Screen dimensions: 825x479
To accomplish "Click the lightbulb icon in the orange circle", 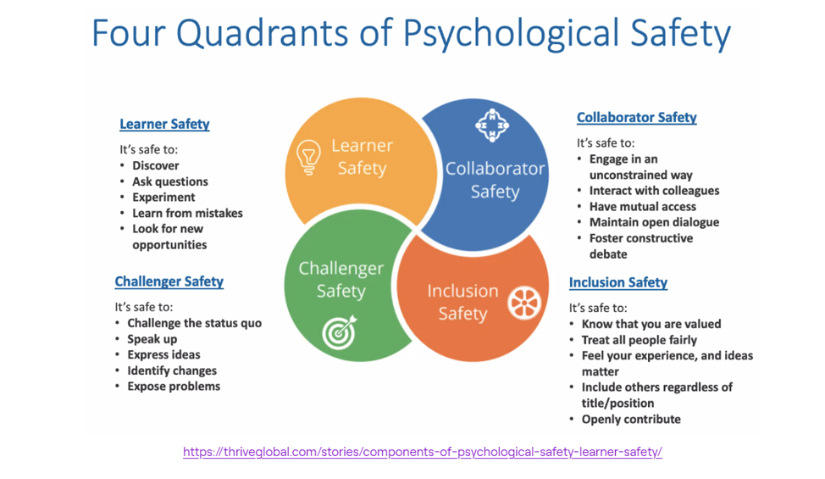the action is click(x=308, y=157).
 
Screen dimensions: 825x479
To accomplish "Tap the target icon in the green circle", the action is click(x=340, y=332).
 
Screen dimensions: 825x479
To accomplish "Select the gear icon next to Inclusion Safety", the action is click(x=524, y=304).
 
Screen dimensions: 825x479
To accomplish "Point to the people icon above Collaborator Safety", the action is click(x=492, y=125).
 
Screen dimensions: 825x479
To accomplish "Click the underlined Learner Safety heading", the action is click(x=164, y=125).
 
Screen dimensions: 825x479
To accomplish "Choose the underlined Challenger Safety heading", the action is click(x=169, y=281).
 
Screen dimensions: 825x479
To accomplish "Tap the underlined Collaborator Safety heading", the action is click(x=637, y=117).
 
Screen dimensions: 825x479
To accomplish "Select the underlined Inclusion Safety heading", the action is click(x=618, y=282).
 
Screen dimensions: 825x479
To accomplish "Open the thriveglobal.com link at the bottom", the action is click(x=423, y=452).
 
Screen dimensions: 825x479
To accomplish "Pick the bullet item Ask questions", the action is click(x=170, y=181).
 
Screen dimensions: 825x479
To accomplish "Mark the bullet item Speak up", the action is click(x=152, y=339).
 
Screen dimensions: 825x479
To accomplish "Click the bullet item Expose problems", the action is click(x=174, y=387).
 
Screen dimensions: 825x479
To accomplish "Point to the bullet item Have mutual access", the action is click(x=642, y=207).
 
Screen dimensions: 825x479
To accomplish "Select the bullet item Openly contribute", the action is click(x=631, y=420).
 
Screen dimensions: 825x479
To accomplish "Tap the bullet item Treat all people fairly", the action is click(x=640, y=340).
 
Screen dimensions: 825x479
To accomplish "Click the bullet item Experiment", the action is click(x=163, y=198).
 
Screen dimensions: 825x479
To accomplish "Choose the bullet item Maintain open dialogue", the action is click(x=654, y=222).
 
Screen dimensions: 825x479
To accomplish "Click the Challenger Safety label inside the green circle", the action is click(x=341, y=280).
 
